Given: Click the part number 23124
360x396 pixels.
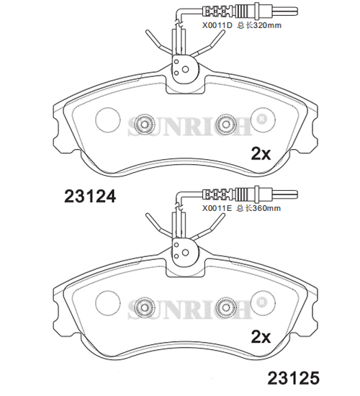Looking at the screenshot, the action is coord(90,197).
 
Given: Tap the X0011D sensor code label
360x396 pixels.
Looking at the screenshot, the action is coord(217,25).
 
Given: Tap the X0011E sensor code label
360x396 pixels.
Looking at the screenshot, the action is coord(217,208).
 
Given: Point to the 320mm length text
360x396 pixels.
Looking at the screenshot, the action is coord(267,25).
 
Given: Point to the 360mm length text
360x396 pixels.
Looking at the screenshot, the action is coord(266,208).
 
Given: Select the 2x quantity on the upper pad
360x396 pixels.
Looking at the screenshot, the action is coord(261,153).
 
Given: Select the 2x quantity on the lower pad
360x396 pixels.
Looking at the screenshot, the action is coord(261,337).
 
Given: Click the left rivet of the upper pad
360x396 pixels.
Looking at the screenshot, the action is coord(144,125).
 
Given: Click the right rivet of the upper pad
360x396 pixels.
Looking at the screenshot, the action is coord(225,125).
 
